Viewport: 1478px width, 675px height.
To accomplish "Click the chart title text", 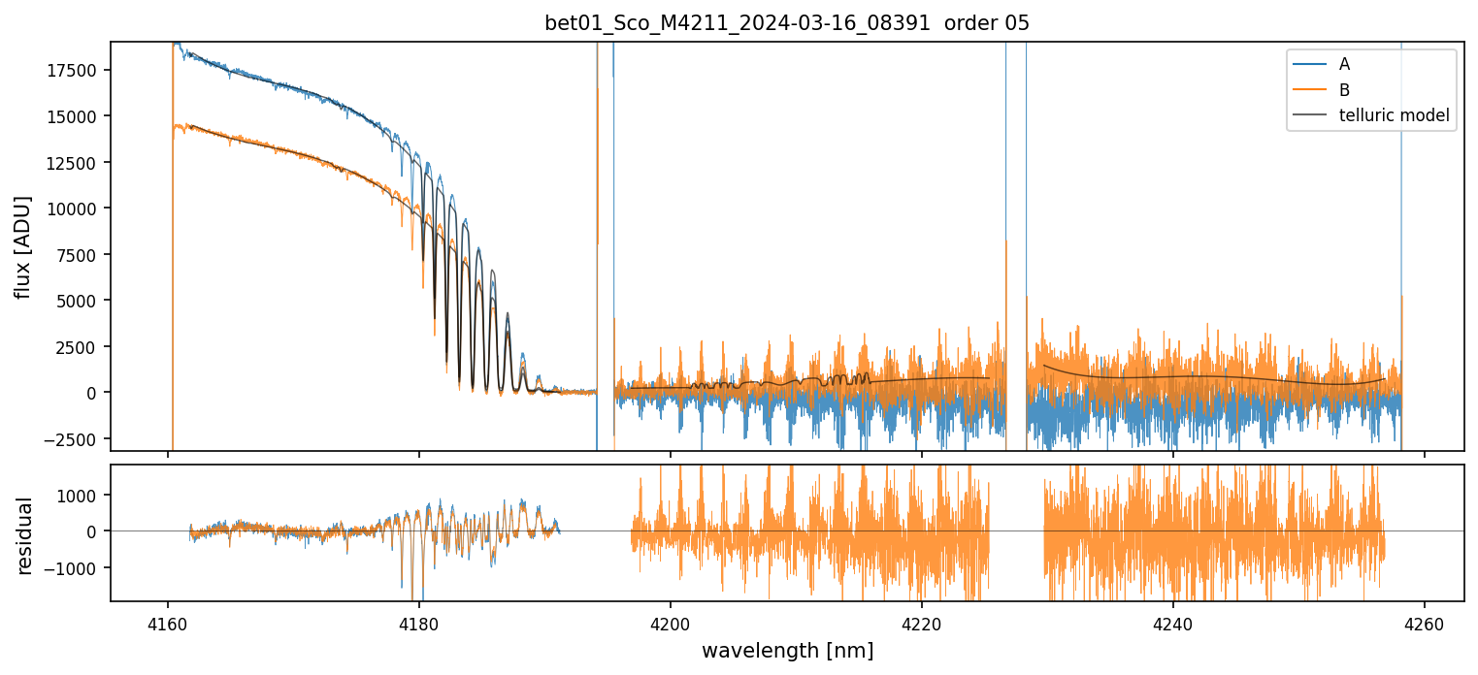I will [x=787, y=23].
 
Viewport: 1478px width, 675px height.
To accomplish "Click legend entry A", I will [x=1344, y=64].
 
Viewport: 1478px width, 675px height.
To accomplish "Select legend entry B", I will [x=1344, y=89].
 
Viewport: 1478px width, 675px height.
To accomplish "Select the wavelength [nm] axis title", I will [x=787, y=650].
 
